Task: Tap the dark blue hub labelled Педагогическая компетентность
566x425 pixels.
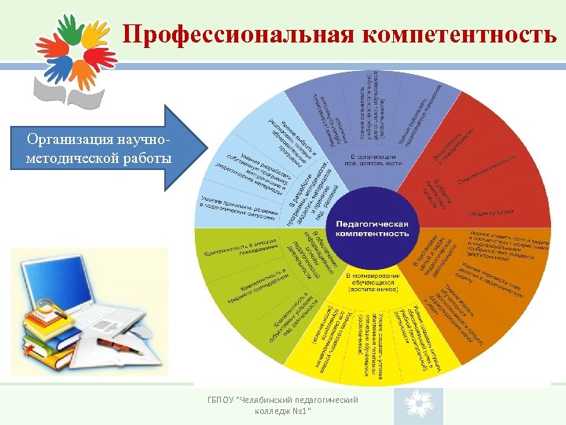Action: [373, 228]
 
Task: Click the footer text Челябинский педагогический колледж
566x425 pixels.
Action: [283, 405]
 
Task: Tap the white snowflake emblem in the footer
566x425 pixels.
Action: [418, 405]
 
